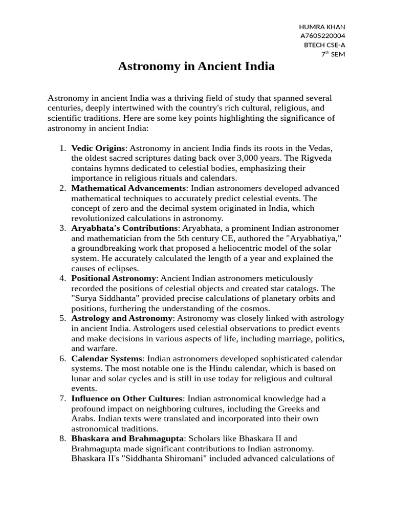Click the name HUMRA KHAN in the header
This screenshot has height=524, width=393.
click(321, 27)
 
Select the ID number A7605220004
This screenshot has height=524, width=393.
click(322, 36)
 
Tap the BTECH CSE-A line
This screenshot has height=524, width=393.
click(324, 45)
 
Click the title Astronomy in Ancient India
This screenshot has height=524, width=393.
click(196, 66)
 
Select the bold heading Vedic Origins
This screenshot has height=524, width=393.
click(98, 148)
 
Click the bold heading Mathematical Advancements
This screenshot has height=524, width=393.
click(128, 188)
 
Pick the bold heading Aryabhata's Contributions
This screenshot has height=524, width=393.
click(124, 228)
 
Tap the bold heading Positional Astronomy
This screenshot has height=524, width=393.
click(114, 278)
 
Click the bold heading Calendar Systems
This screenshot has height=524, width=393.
click(106, 358)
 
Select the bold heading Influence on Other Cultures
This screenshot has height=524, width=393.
click(127, 398)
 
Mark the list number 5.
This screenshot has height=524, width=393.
click(62, 318)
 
